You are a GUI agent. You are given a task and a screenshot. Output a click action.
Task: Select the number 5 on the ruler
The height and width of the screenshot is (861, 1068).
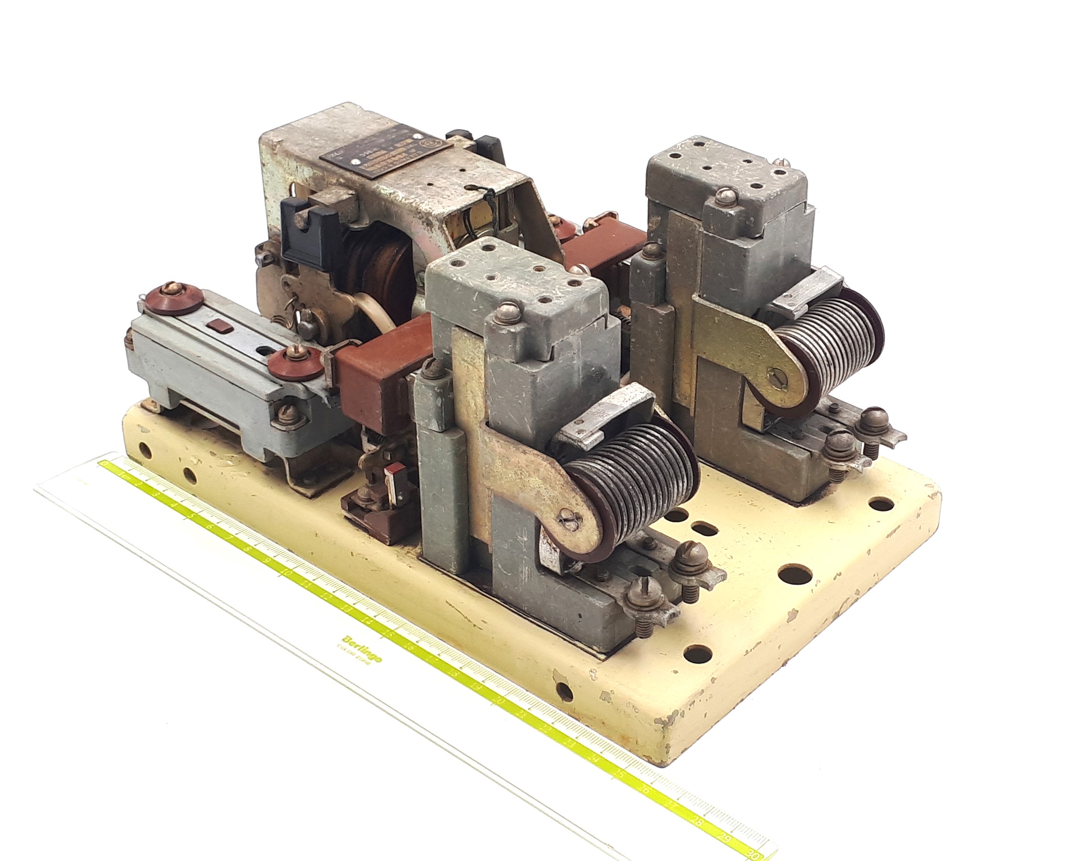(x=191, y=517)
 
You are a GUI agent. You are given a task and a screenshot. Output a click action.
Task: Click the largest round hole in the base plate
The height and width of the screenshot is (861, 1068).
(x=794, y=575)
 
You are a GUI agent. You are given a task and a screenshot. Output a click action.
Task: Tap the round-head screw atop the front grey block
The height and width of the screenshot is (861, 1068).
(x=507, y=313)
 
